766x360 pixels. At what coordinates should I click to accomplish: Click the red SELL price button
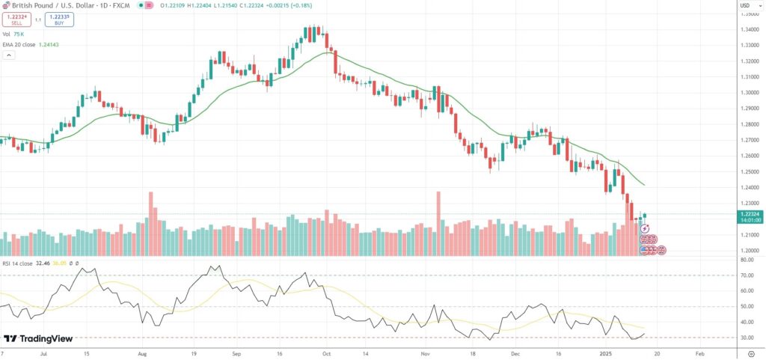pyautogui.click(x=16, y=19)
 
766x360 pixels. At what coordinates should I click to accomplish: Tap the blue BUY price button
pyautogui.click(x=57, y=19)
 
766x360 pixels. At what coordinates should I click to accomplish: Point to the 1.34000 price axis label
pyautogui.click(x=750, y=30)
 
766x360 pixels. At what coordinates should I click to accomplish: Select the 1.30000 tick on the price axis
pyautogui.click(x=750, y=93)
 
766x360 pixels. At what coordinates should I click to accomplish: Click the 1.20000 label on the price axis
pyautogui.click(x=750, y=251)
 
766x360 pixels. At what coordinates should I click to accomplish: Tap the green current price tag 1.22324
pyautogui.click(x=750, y=214)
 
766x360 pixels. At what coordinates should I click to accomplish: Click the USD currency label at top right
pyautogui.click(x=745, y=4)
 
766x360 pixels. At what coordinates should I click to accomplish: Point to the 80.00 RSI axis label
pyautogui.click(x=747, y=260)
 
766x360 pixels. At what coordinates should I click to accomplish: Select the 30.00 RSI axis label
pyautogui.click(x=747, y=338)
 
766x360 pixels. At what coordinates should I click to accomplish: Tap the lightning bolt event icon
pyautogui.click(x=644, y=228)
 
